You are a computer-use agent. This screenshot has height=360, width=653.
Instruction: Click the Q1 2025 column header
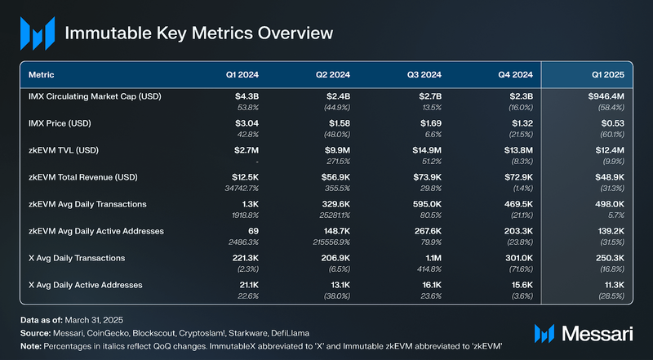[607, 74]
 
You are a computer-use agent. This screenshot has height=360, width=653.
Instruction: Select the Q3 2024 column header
[424, 74]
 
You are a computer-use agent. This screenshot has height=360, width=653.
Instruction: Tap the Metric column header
[42, 74]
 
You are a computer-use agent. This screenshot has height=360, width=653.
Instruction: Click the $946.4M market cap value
[605, 97]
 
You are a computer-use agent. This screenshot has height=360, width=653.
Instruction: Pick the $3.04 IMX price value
[246, 125]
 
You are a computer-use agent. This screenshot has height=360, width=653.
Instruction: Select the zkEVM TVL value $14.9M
[424, 152]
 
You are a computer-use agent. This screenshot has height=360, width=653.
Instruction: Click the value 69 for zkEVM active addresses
[253, 232]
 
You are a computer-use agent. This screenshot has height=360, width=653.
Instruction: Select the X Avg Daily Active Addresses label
[85, 285]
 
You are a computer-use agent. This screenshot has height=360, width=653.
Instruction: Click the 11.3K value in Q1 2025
[611, 285]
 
